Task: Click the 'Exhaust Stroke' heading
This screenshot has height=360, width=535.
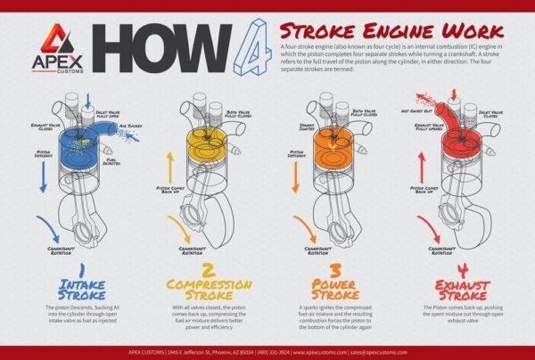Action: pos(462,289)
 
